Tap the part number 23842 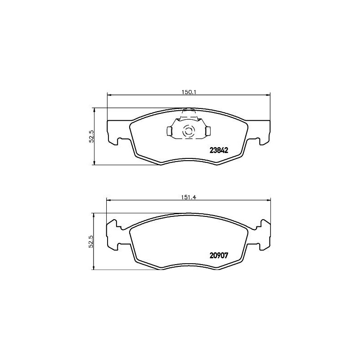point(219,151)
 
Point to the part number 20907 point(219,255)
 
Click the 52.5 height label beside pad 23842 point(91,136)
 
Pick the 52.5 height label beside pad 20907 point(91,242)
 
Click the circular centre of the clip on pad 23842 point(188,132)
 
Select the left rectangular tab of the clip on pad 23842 point(169,131)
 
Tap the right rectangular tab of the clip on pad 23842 point(208,131)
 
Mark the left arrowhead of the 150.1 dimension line point(108,94)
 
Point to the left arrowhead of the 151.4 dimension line point(108,200)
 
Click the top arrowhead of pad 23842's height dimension point(94,110)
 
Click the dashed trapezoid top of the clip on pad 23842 point(189,115)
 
